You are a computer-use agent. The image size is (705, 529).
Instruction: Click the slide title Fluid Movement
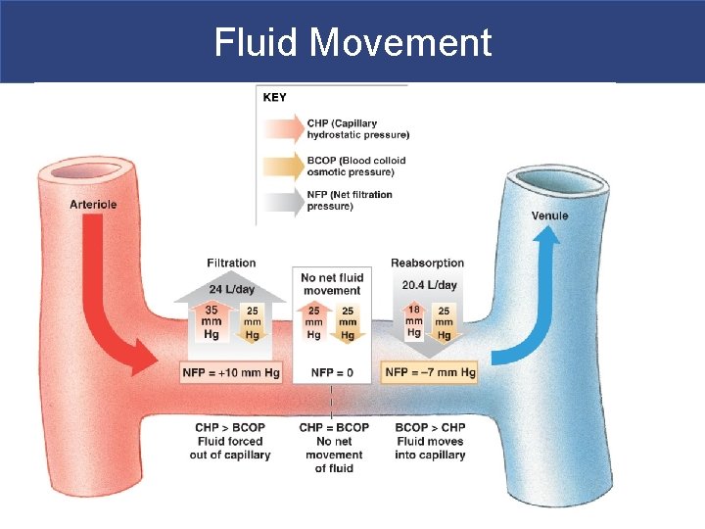[352, 42]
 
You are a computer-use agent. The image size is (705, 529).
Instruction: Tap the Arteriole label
[94, 204]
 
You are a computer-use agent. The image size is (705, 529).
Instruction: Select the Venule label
[549, 216]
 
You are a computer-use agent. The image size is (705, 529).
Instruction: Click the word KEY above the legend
[275, 97]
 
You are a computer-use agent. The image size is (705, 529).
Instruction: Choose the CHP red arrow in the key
[283, 128]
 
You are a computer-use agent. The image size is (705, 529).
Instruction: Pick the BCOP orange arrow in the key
[283, 166]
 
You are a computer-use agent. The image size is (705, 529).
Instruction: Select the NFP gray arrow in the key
[283, 200]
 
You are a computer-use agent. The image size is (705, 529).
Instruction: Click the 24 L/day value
[231, 289]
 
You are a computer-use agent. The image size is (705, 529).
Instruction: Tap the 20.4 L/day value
[429, 285]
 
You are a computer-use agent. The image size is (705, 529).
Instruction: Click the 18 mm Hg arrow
[414, 320]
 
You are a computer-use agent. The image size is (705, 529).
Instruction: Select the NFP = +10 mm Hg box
[231, 373]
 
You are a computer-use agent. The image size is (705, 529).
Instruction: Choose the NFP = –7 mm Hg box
[429, 373]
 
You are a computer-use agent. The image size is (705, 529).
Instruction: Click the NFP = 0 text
[331, 373]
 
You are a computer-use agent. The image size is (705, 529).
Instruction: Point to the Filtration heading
[231, 263]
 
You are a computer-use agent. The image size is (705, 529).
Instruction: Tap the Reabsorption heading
[427, 263]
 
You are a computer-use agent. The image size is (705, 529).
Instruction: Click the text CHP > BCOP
[230, 427]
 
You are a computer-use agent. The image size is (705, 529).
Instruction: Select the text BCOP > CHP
[430, 427]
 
